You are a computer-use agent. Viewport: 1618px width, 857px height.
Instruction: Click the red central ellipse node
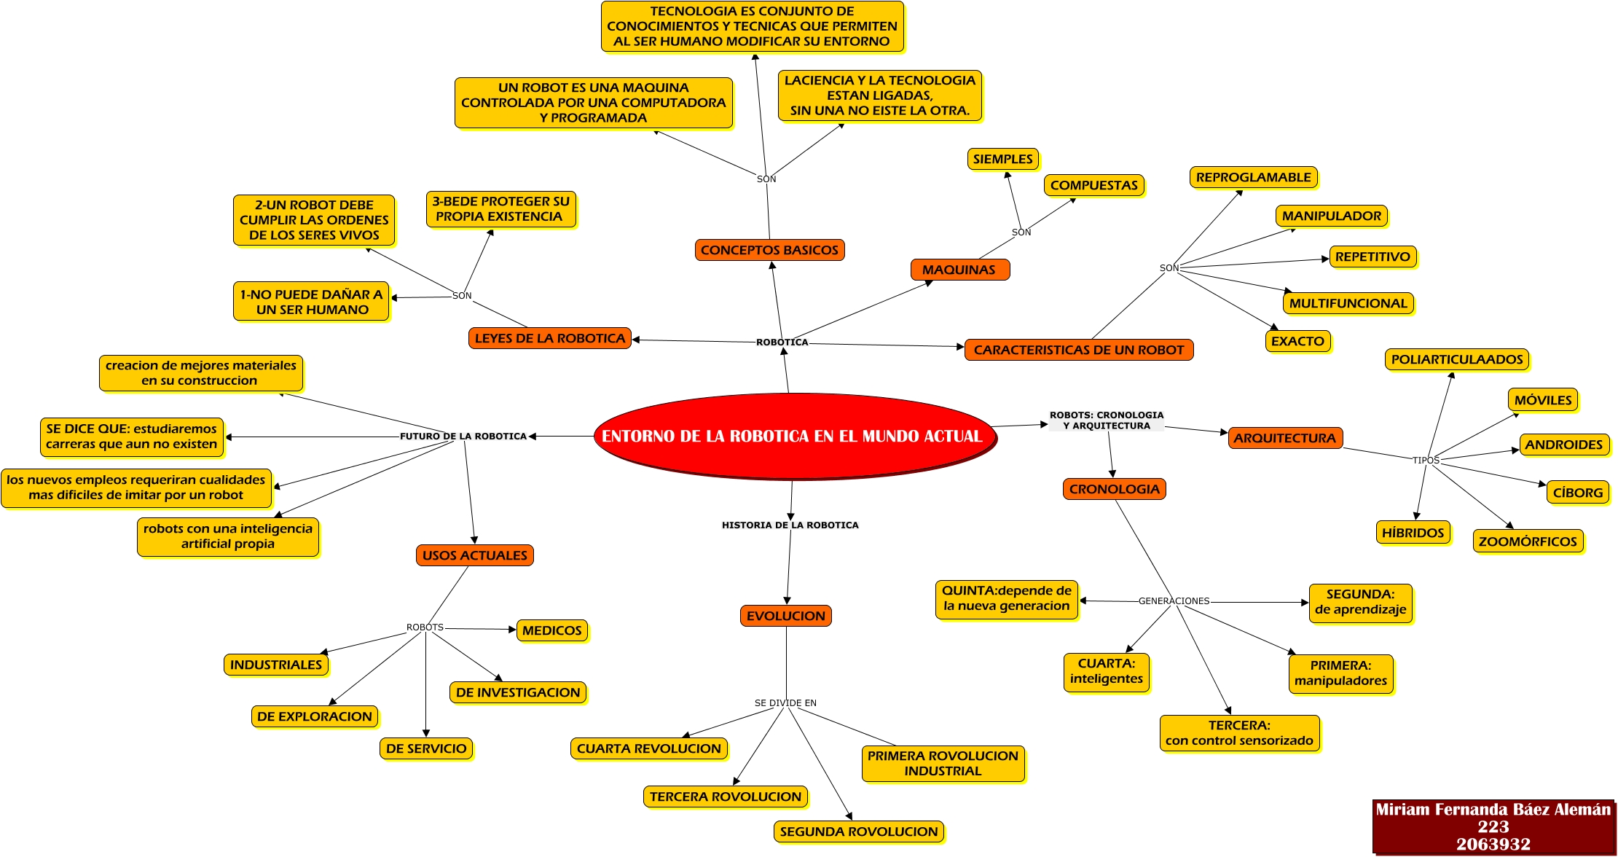pyautogui.click(x=795, y=436)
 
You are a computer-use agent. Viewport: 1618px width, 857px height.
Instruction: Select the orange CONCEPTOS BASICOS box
pyautogui.click(x=769, y=250)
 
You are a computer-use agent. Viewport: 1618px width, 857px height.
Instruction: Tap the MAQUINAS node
pyautogui.click(x=959, y=270)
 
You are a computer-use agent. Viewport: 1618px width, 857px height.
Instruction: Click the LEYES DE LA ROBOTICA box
pyautogui.click(x=550, y=338)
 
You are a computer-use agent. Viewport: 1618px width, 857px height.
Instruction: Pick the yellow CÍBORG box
pyautogui.click(x=1578, y=493)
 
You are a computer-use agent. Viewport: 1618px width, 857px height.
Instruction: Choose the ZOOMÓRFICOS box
pyautogui.click(x=1528, y=541)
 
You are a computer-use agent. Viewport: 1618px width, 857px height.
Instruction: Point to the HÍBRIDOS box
pyautogui.click(x=1413, y=533)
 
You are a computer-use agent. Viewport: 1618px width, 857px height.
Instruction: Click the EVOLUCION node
pyautogui.click(x=786, y=616)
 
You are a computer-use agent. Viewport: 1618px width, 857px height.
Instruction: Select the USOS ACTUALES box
pyautogui.click(x=474, y=555)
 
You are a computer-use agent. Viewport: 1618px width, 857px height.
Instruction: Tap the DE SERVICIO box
pyautogui.click(x=426, y=748)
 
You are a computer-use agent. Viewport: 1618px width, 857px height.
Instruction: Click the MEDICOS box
pyautogui.click(x=552, y=630)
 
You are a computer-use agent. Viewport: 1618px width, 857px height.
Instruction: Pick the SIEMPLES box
pyautogui.click(x=1002, y=159)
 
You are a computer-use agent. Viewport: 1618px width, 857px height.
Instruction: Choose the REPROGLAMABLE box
pyautogui.click(x=1253, y=177)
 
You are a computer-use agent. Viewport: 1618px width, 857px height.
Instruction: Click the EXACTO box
pyautogui.click(x=1297, y=341)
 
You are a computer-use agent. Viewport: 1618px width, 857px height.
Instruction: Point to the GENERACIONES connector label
pyautogui.click(x=1174, y=601)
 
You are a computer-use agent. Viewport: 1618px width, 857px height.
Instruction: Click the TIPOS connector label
pyautogui.click(x=1426, y=461)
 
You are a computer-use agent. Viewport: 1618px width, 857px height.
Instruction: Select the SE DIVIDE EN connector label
pyautogui.click(x=785, y=703)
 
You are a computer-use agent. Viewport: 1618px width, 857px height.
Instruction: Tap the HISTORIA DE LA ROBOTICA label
pyautogui.click(x=790, y=525)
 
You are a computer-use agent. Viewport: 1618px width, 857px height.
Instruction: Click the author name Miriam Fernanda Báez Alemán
pyautogui.click(x=1493, y=809)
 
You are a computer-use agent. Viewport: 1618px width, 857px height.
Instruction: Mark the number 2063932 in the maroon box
pyautogui.click(x=1493, y=845)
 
